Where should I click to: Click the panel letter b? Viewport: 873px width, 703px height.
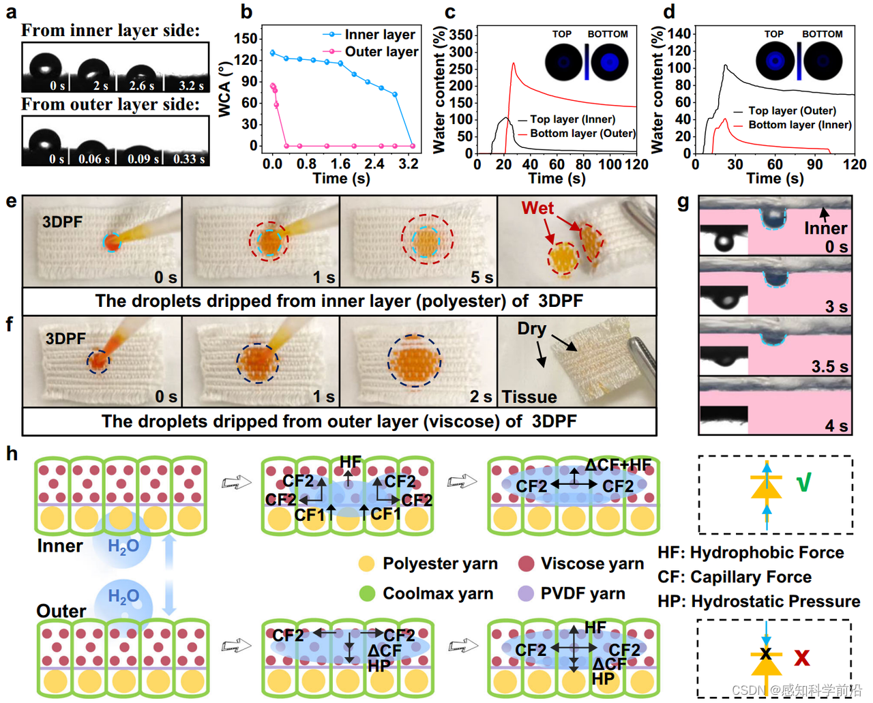pos(246,12)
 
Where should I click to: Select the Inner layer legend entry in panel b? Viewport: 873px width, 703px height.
pos(379,34)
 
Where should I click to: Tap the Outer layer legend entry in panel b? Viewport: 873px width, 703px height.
pos(381,52)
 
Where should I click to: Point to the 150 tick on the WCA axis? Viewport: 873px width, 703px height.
pos(246,39)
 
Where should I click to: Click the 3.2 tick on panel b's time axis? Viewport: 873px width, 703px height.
pos(409,164)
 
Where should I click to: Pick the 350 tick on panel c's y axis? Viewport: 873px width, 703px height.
pos(461,34)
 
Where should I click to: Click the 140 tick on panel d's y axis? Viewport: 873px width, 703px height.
pos(679,33)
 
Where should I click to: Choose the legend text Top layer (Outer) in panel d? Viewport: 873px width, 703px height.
pos(792,110)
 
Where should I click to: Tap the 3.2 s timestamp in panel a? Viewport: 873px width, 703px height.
pos(191,86)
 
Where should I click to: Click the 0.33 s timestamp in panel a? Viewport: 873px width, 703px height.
pos(189,159)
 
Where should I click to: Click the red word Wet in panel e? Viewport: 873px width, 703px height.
pos(537,208)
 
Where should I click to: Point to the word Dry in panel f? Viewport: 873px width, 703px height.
pos(531,328)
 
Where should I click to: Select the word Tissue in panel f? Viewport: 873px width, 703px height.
pos(529,397)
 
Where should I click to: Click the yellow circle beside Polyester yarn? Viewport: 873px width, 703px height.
pos(366,564)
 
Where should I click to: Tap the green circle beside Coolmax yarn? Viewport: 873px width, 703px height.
pos(367,593)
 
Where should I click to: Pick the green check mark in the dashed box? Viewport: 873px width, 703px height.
pos(804,483)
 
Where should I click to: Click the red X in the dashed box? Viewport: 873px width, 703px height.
pos(801,657)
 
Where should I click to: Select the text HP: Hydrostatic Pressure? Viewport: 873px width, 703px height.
pos(758,601)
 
